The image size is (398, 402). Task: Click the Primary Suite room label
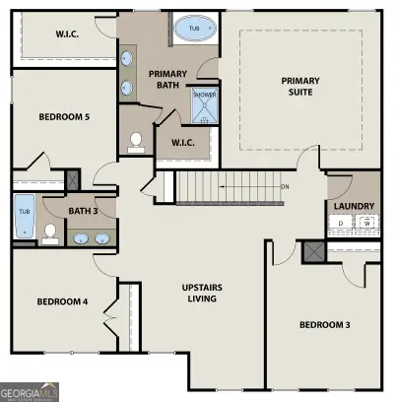pyautogui.click(x=300, y=87)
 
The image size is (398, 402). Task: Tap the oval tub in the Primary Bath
pyautogui.click(x=193, y=30)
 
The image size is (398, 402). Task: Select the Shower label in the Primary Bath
pyautogui.click(x=204, y=96)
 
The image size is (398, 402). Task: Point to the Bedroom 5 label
pyautogui.click(x=64, y=117)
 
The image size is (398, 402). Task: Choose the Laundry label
pyautogui.click(x=353, y=206)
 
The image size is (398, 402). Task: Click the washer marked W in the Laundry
pyautogui.click(x=365, y=224)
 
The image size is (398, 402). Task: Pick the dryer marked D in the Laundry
pyautogui.click(x=342, y=224)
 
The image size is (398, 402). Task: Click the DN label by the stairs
pyautogui.click(x=285, y=186)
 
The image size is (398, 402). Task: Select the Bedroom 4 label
pyautogui.click(x=63, y=301)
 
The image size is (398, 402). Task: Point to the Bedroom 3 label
pyautogui.click(x=324, y=324)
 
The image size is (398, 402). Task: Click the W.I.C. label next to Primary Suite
pyautogui.click(x=184, y=142)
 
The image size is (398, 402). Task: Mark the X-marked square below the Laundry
pyautogui.click(x=315, y=250)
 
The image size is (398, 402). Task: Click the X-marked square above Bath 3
pyautogui.click(x=72, y=182)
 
